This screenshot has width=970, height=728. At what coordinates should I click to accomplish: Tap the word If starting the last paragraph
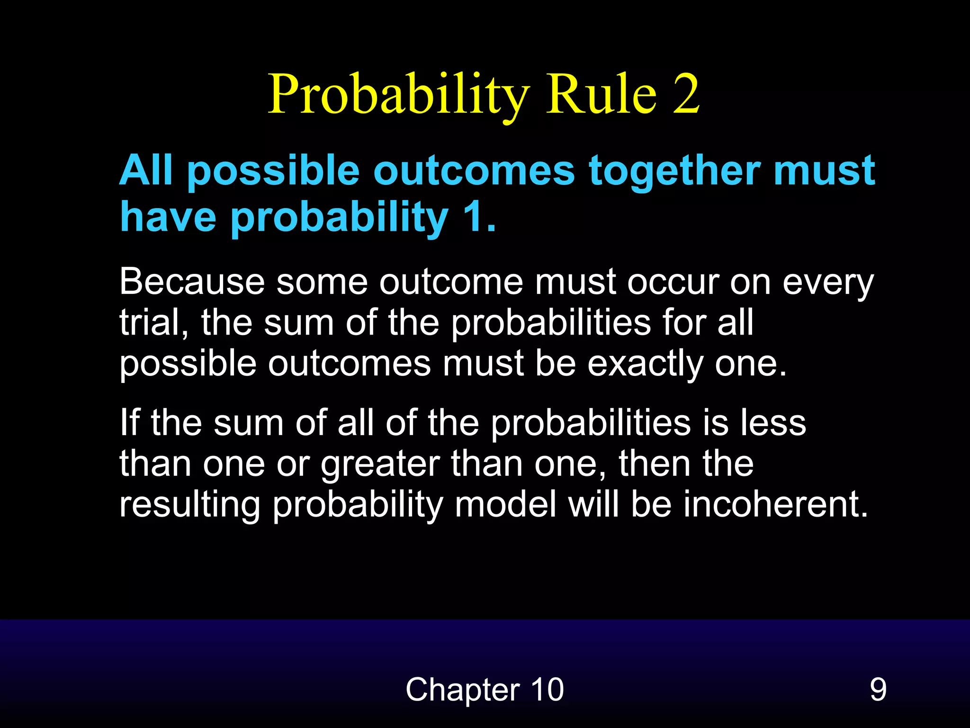click(x=129, y=423)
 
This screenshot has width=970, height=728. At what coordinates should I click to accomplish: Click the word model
click(x=505, y=504)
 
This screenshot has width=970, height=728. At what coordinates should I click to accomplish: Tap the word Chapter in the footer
click(x=462, y=690)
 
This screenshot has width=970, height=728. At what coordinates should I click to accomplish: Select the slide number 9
click(x=878, y=690)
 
